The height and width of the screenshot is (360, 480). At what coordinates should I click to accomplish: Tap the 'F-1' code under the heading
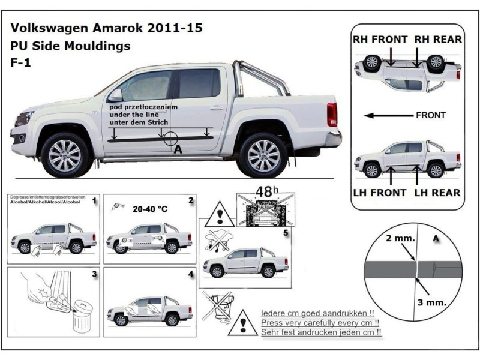coord(20,62)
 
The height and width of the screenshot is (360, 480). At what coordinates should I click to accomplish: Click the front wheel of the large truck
coord(64,155)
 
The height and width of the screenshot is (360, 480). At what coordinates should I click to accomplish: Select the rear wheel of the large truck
coord(263,155)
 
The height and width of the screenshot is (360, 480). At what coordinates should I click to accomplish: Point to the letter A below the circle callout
coord(177,151)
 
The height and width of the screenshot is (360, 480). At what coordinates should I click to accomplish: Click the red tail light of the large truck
coord(332,114)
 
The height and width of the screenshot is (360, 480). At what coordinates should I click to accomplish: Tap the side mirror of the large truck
coord(115,95)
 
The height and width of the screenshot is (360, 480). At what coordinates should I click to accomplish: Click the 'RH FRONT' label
coord(380,40)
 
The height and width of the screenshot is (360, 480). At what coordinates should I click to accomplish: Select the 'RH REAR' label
coord(438,40)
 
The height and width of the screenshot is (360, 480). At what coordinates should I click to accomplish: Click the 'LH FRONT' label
coord(380,193)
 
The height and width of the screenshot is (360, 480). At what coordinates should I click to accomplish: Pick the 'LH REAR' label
coord(437,193)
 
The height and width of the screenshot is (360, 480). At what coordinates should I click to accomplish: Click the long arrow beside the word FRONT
coord(388,115)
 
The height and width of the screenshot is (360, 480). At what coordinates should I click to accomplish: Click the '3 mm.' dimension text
coord(432,303)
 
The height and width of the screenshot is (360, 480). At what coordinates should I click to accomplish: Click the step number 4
coord(190,275)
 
